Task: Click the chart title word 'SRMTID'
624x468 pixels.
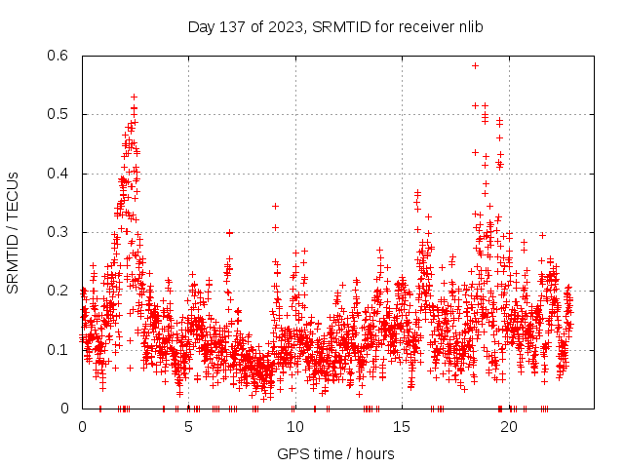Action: point(345,26)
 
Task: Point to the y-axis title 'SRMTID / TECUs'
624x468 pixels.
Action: point(13,232)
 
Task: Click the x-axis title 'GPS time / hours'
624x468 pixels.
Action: point(335,453)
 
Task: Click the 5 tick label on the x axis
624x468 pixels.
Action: point(188,426)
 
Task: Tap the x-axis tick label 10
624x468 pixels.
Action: point(295,426)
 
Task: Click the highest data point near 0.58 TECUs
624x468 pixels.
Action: point(475,65)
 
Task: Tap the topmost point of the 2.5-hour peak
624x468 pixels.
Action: point(134,97)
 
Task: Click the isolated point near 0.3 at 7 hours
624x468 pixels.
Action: point(230,232)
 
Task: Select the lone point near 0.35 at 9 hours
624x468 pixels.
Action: point(275,206)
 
